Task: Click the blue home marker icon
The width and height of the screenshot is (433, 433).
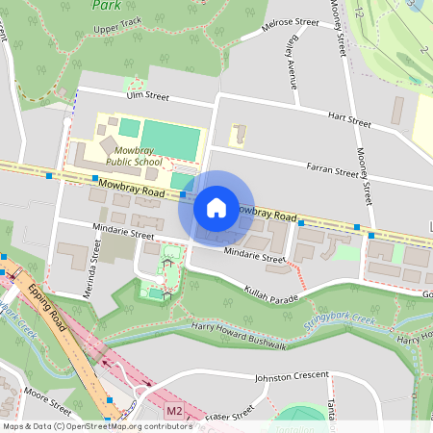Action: click(216, 208)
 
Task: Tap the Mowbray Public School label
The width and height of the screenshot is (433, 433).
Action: click(134, 156)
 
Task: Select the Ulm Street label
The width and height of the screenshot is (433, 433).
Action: click(146, 96)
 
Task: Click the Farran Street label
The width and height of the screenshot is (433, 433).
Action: click(332, 171)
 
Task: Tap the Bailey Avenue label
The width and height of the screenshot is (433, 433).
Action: click(290, 58)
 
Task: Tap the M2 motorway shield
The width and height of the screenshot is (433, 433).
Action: click(173, 411)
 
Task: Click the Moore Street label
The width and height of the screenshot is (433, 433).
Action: click(46, 395)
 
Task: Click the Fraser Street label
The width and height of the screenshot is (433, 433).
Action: click(231, 412)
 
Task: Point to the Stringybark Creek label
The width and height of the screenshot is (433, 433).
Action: click(338, 321)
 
